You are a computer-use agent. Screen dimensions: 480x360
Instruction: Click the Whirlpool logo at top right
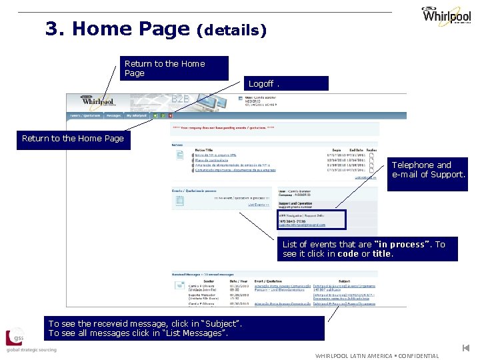(x=445, y=15)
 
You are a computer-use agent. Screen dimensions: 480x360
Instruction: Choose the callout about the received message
(x=186, y=328)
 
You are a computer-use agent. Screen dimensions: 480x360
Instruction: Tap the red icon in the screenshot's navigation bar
(x=171, y=115)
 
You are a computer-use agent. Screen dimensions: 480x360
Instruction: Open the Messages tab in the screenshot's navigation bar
(x=114, y=115)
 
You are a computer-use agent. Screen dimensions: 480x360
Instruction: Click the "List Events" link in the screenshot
(x=258, y=205)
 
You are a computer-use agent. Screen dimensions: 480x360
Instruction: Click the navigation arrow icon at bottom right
(x=467, y=348)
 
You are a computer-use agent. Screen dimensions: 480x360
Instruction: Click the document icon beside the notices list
(x=180, y=155)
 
